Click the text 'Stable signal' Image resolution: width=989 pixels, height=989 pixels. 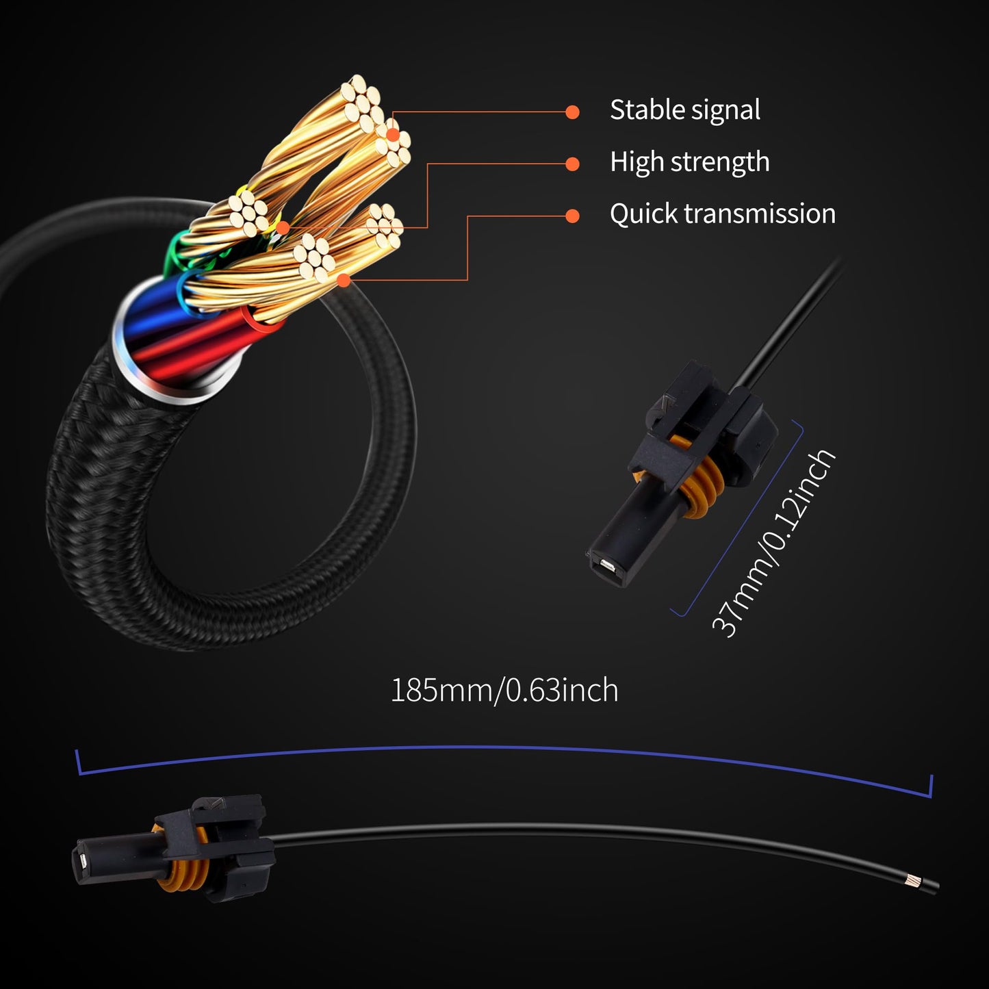684,110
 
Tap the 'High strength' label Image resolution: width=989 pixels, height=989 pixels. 689,162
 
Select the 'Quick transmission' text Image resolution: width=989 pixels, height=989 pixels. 722,214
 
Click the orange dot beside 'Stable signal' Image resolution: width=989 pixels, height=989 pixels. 572,112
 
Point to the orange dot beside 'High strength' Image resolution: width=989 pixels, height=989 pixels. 572,164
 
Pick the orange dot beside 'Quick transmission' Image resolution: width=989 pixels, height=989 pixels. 572,216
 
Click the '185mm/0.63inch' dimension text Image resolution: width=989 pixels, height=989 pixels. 504,690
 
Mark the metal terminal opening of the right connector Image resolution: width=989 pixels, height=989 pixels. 606,567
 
